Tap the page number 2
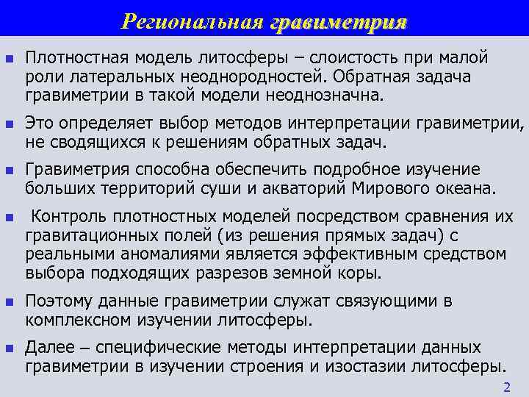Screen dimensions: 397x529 pos(505,387)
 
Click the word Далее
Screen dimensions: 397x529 pos(49,347)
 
